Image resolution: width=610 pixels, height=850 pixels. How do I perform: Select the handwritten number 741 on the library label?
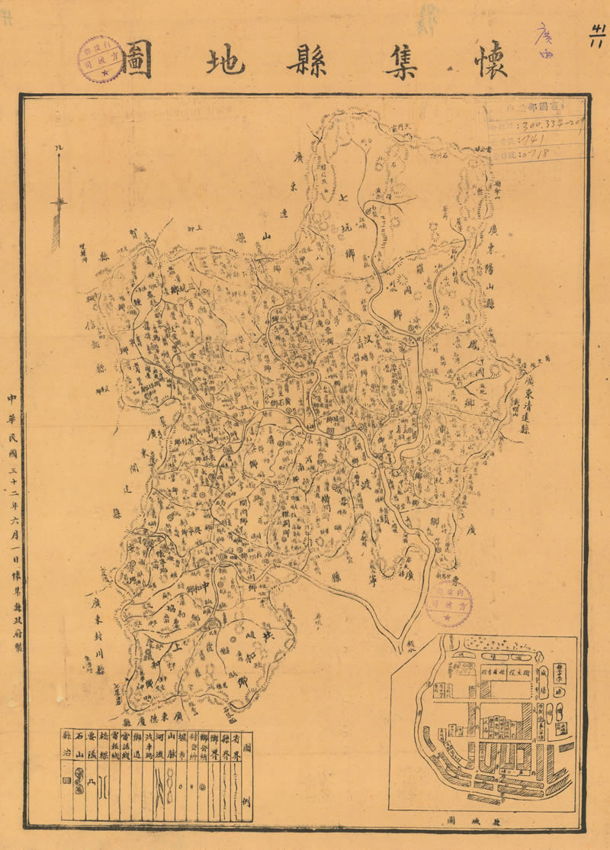coord(534,140)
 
